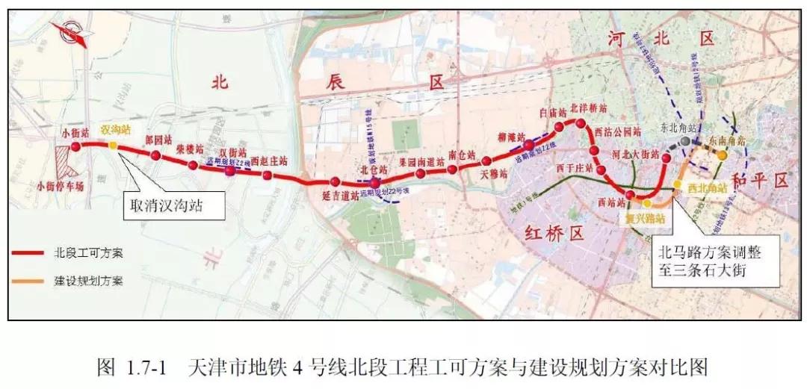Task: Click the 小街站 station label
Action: click(x=75, y=132)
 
